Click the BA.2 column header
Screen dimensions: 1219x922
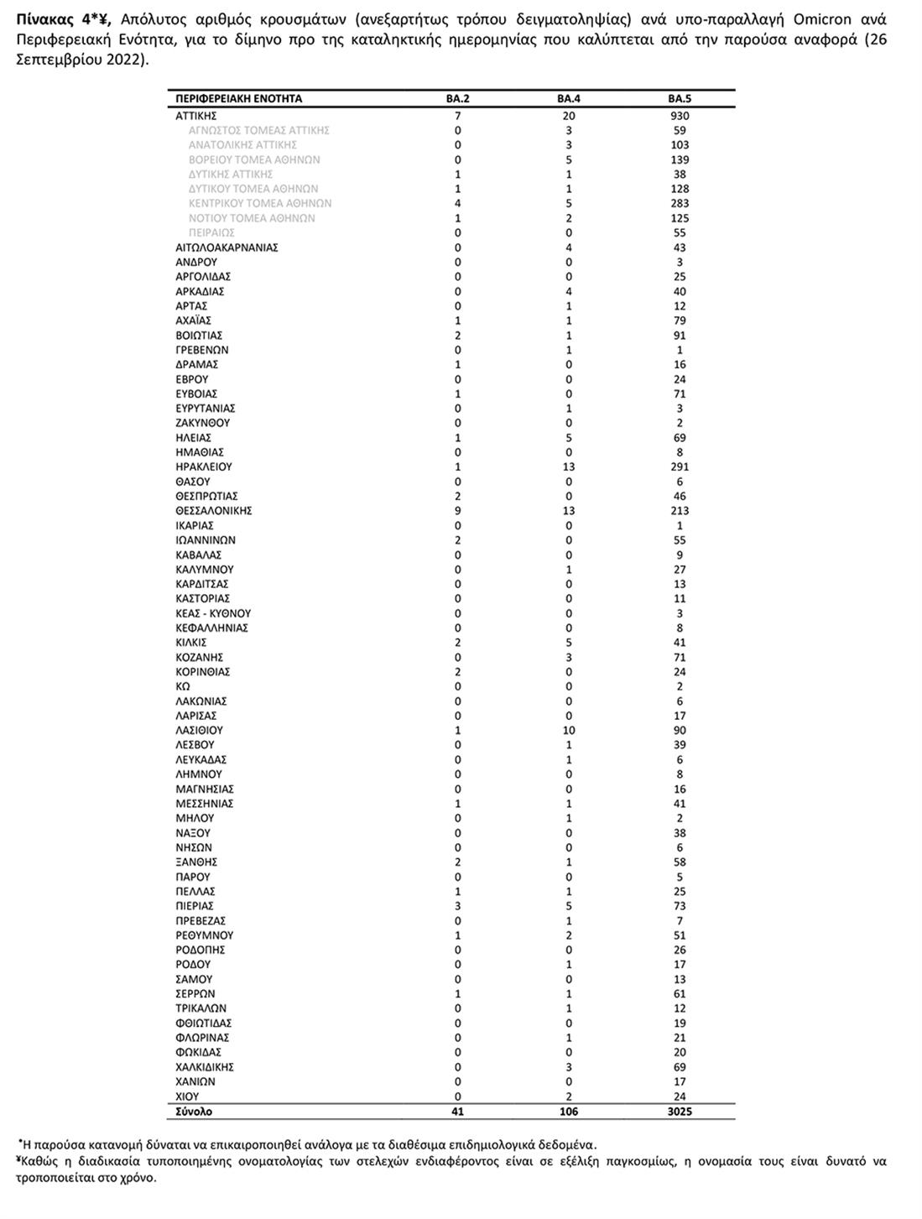point(457,99)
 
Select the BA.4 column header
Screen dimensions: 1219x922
point(569,99)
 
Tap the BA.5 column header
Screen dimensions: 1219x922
point(680,99)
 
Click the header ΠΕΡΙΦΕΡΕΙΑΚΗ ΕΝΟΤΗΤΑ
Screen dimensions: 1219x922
point(238,99)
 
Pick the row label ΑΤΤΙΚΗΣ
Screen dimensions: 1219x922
point(196,116)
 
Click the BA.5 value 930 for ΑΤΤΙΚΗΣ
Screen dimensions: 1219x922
point(680,116)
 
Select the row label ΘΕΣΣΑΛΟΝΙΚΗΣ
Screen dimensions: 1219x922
point(214,511)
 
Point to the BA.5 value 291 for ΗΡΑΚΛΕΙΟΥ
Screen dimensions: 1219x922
point(680,467)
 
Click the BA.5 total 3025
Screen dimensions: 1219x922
point(680,1112)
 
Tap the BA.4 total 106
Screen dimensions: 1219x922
point(569,1112)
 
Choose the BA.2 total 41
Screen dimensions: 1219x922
point(457,1112)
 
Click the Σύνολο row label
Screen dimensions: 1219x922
point(194,1112)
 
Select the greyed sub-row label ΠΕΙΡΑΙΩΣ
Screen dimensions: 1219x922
point(211,232)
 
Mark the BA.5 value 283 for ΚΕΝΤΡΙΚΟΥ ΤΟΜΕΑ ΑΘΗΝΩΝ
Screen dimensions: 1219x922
point(680,203)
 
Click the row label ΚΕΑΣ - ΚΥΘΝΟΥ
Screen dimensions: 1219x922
point(213,613)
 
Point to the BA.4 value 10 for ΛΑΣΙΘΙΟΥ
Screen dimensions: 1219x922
point(569,731)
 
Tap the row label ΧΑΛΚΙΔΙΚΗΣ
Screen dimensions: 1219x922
point(205,1067)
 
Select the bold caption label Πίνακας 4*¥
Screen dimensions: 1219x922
point(63,19)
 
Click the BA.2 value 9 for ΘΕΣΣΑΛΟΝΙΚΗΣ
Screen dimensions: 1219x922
point(457,511)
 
